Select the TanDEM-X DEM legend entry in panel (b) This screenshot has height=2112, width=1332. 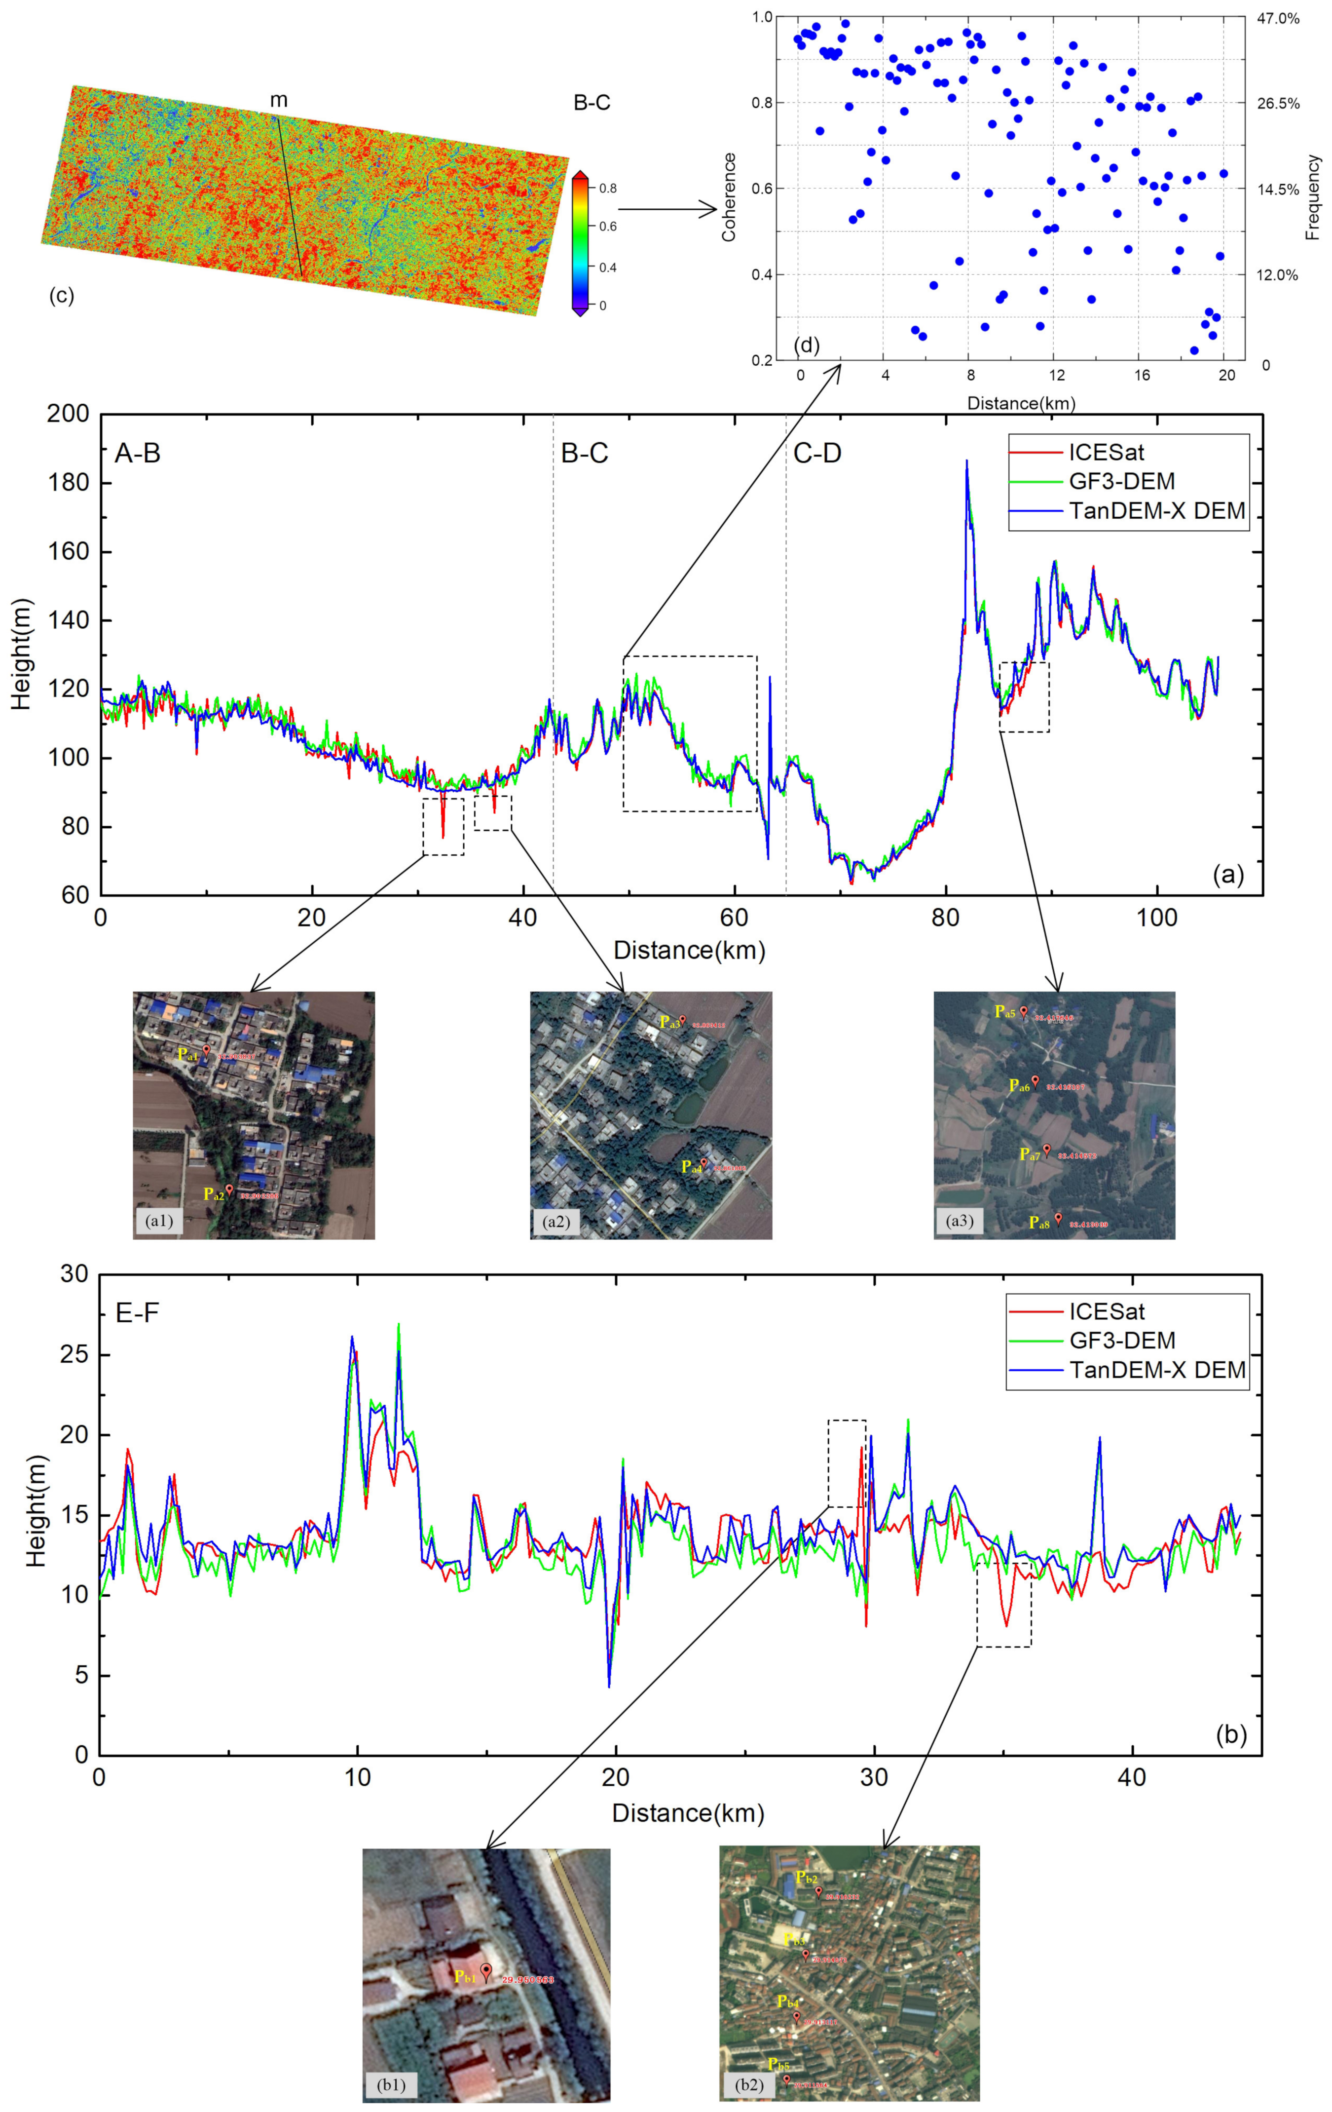pyautogui.click(x=1157, y=1369)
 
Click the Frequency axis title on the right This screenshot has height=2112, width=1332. pyautogui.click(x=1313, y=197)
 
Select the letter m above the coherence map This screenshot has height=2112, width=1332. pyautogui.click(x=279, y=101)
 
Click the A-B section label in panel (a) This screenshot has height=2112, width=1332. pyautogui.click(x=138, y=454)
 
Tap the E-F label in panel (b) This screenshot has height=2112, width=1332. pyautogui.click(x=138, y=1313)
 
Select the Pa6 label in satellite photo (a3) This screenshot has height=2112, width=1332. pyautogui.click(x=1019, y=1086)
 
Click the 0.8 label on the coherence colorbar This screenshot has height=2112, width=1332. pyautogui.click(x=608, y=188)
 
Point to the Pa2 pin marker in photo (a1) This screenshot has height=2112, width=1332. pyautogui.click(x=229, y=1189)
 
